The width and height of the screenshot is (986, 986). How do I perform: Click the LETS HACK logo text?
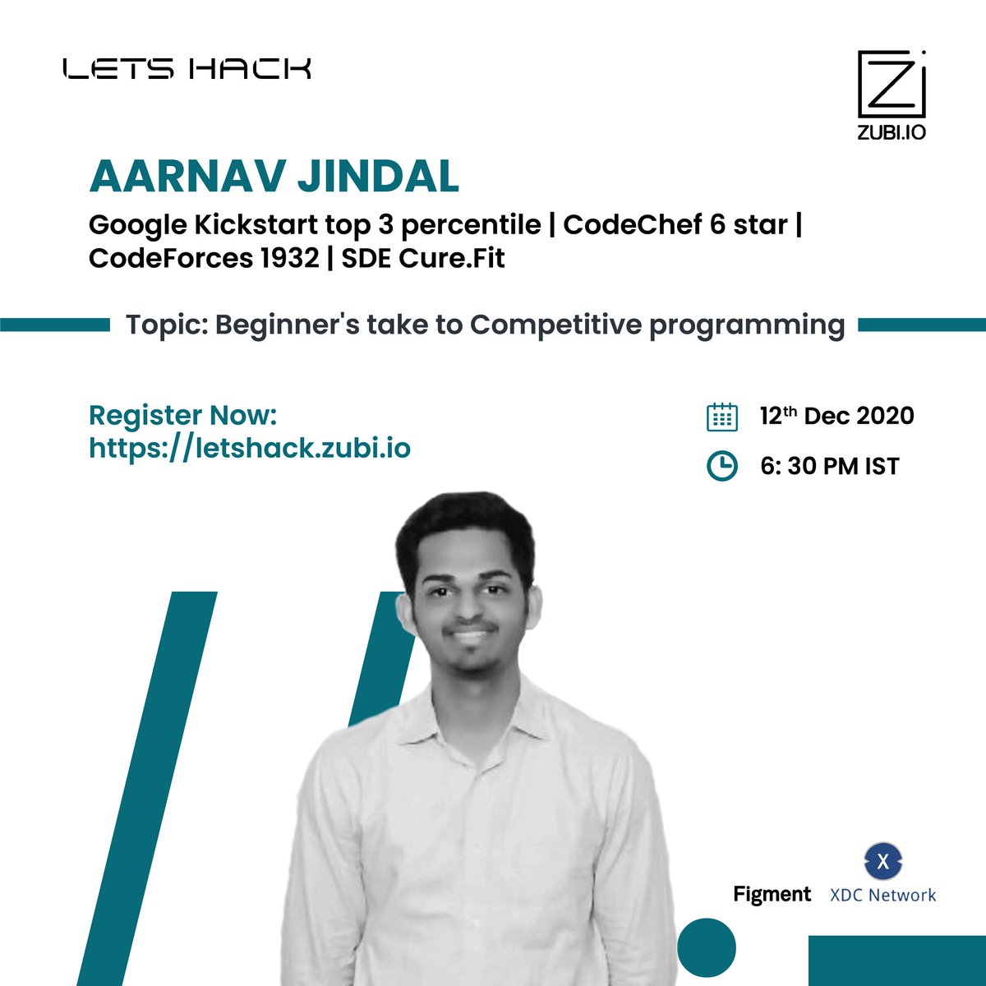click(187, 68)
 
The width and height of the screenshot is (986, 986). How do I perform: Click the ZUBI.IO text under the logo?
click(892, 131)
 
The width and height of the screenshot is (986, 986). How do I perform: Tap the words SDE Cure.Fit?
click(423, 258)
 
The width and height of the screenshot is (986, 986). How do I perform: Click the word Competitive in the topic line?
click(555, 325)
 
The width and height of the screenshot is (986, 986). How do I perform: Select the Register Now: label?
click(182, 415)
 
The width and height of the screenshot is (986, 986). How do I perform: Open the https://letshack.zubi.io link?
click(249, 448)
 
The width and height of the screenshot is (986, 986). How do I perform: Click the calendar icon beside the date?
click(722, 417)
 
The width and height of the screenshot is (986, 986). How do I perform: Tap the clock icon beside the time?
click(722, 466)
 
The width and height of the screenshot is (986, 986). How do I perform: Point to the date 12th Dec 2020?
click(836, 416)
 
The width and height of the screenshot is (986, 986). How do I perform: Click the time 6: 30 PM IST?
click(830, 466)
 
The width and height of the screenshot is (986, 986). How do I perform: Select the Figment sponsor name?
click(772, 894)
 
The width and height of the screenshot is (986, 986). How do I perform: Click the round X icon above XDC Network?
click(883, 862)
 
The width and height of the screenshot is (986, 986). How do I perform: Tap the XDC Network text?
click(883, 895)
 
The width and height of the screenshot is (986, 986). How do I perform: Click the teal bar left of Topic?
click(55, 325)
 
